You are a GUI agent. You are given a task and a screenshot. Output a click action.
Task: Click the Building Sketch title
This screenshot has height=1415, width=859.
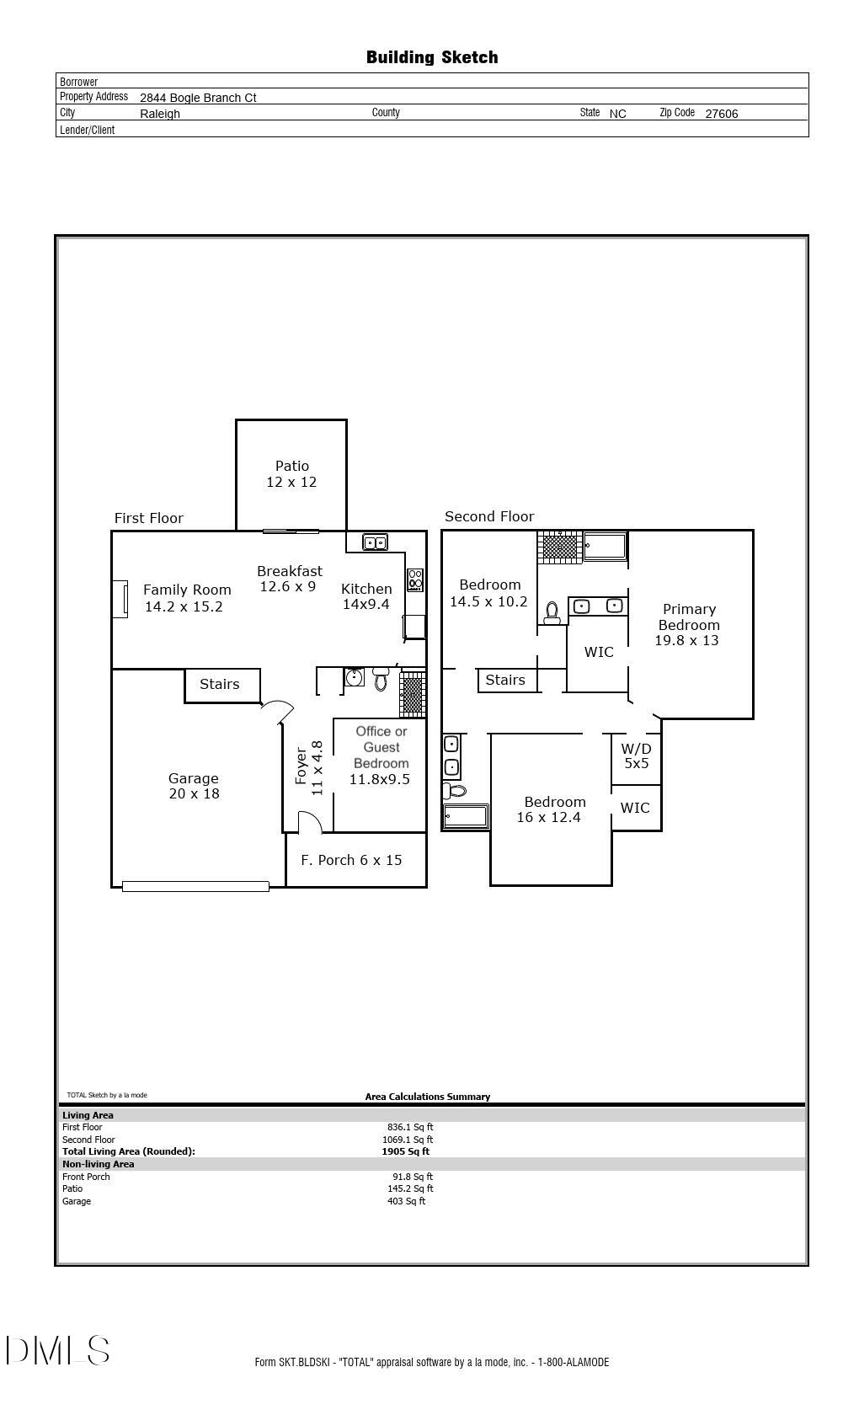432,57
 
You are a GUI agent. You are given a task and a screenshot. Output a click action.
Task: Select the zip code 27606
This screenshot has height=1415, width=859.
721,114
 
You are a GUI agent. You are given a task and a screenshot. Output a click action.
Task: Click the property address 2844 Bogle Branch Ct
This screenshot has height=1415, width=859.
198,98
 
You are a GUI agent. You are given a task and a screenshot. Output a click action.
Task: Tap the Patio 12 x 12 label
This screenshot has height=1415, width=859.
291,474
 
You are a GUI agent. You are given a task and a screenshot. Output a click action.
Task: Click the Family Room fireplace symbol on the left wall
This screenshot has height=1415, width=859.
121,599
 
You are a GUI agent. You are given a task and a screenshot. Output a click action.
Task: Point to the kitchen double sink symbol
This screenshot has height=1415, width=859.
375,542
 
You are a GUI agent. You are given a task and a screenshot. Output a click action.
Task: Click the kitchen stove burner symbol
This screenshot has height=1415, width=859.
415,579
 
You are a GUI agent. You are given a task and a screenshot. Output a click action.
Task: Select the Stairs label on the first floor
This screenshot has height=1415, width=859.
219,684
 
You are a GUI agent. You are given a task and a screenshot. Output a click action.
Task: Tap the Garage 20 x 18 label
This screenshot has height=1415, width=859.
194,786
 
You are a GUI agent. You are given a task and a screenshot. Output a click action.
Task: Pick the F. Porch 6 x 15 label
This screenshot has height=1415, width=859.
351,860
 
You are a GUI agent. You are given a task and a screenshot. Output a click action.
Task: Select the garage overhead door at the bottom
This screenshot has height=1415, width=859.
195,886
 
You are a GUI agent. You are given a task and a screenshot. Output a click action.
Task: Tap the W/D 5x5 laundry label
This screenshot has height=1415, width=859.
636,756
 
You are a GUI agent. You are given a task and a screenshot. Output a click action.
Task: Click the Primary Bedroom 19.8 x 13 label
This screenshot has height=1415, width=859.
688,624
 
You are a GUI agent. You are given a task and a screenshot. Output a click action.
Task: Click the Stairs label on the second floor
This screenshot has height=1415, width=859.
505,680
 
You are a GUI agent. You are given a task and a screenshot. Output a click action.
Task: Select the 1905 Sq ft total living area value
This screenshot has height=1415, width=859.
405,1151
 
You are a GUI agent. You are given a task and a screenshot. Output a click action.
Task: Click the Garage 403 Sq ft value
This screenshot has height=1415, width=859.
406,1201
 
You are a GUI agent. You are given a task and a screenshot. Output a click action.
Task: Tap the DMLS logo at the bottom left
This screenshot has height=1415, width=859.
58,1350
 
